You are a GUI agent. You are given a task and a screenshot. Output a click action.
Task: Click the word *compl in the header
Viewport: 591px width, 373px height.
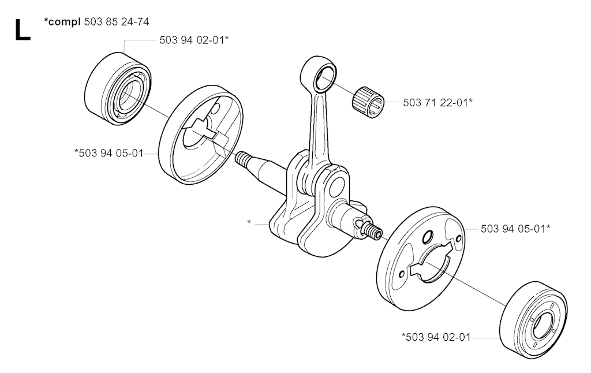click(62, 22)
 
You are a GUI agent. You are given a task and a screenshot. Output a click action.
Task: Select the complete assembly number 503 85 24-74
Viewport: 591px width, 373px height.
click(117, 22)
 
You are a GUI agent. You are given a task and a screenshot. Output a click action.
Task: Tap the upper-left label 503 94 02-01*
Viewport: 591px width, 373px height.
click(194, 40)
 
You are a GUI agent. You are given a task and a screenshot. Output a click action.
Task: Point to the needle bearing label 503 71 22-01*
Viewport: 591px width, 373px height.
click(437, 102)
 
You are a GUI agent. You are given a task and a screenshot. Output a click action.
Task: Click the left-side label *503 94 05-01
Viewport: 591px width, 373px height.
click(109, 153)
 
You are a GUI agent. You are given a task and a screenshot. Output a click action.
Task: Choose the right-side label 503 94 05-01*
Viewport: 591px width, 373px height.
click(515, 229)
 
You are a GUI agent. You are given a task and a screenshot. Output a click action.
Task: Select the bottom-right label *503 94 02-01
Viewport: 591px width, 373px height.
click(436, 337)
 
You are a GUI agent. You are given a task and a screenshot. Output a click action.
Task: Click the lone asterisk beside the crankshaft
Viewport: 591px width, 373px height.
click(249, 222)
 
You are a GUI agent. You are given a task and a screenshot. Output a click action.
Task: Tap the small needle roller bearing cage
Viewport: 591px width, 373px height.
click(368, 102)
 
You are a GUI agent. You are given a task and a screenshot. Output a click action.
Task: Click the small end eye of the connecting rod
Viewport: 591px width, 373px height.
click(319, 74)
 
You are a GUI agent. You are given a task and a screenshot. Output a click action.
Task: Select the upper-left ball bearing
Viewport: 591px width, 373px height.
click(118, 88)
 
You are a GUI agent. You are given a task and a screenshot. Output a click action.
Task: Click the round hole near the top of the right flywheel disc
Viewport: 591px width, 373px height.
click(428, 238)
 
